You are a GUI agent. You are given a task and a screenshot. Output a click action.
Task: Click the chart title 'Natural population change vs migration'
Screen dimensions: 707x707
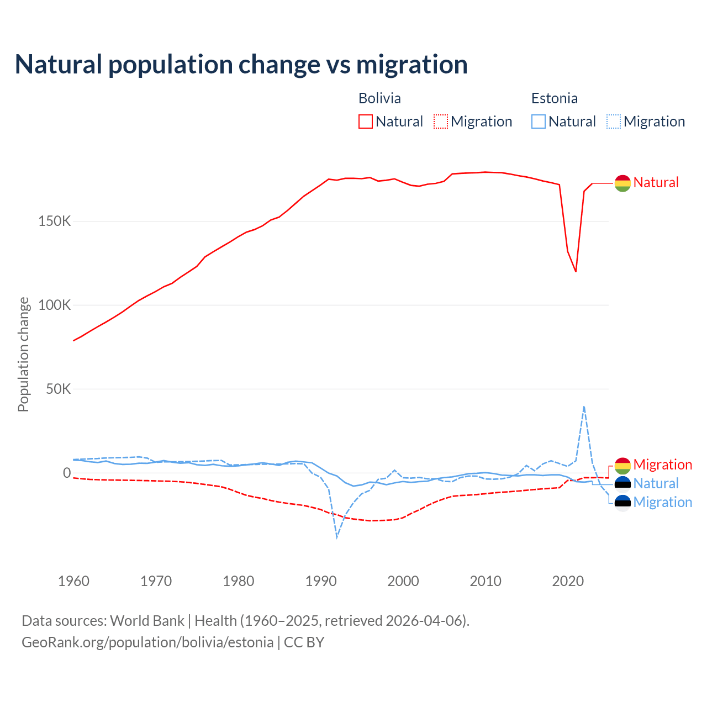241,65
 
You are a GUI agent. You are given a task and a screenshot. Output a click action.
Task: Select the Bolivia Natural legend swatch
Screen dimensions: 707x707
365,122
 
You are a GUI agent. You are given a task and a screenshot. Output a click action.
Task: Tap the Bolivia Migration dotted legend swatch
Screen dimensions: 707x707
441,122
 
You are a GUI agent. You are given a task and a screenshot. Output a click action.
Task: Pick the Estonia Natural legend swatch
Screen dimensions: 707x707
538,122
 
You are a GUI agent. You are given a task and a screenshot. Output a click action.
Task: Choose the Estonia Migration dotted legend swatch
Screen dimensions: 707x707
614,122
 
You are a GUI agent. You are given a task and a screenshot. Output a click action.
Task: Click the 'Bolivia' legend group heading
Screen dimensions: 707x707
379,98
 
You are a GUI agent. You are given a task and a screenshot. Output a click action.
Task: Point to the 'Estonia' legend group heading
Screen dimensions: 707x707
554,98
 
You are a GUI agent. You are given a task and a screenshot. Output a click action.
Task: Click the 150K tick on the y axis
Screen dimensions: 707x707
55,221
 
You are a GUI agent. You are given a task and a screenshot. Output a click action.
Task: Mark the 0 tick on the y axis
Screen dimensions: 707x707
67,473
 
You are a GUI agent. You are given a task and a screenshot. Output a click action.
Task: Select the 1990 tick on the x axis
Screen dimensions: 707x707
321,581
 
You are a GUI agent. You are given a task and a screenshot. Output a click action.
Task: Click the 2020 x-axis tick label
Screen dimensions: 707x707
568,581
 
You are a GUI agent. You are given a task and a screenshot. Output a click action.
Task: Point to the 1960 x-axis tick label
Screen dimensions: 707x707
73,581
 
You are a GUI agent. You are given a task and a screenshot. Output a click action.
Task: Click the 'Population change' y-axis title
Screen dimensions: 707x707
23,354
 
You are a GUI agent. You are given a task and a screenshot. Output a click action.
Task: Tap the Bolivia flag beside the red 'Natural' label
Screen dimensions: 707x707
622,183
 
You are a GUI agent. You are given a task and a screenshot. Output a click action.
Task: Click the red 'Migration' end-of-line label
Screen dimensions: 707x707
662,465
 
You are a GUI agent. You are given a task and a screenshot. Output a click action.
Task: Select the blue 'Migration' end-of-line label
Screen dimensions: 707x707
662,502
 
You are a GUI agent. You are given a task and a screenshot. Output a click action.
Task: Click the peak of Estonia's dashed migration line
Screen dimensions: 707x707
584,407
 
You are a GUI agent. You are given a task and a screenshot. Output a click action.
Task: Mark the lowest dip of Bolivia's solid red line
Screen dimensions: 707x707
576,271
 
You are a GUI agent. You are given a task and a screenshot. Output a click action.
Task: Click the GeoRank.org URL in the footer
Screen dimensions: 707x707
147,642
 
